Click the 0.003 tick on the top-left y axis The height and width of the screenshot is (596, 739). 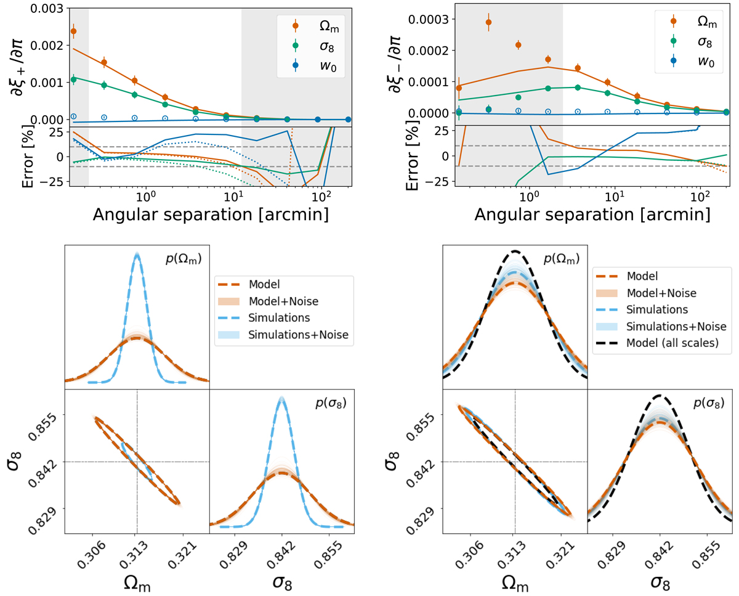tap(42, 8)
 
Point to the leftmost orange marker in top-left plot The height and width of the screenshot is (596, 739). tap(74, 31)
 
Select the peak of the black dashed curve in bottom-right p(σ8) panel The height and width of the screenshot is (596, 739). tap(660, 395)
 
